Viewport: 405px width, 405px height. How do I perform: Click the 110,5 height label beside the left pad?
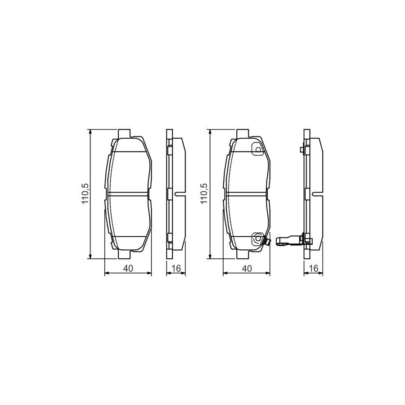[x=84, y=194]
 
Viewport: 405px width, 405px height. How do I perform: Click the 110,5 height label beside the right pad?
[x=203, y=194]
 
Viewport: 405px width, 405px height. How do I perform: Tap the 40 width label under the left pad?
[x=128, y=269]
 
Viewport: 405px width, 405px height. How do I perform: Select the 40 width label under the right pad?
[x=247, y=269]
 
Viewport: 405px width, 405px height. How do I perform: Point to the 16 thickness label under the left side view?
[x=176, y=269]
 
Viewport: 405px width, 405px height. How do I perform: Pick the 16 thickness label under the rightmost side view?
[x=314, y=269]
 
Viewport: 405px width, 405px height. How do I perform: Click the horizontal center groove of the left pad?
[x=128, y=194]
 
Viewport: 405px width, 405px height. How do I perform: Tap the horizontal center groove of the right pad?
[x=247, y=194]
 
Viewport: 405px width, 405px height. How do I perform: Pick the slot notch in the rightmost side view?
[x=318, y=194]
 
